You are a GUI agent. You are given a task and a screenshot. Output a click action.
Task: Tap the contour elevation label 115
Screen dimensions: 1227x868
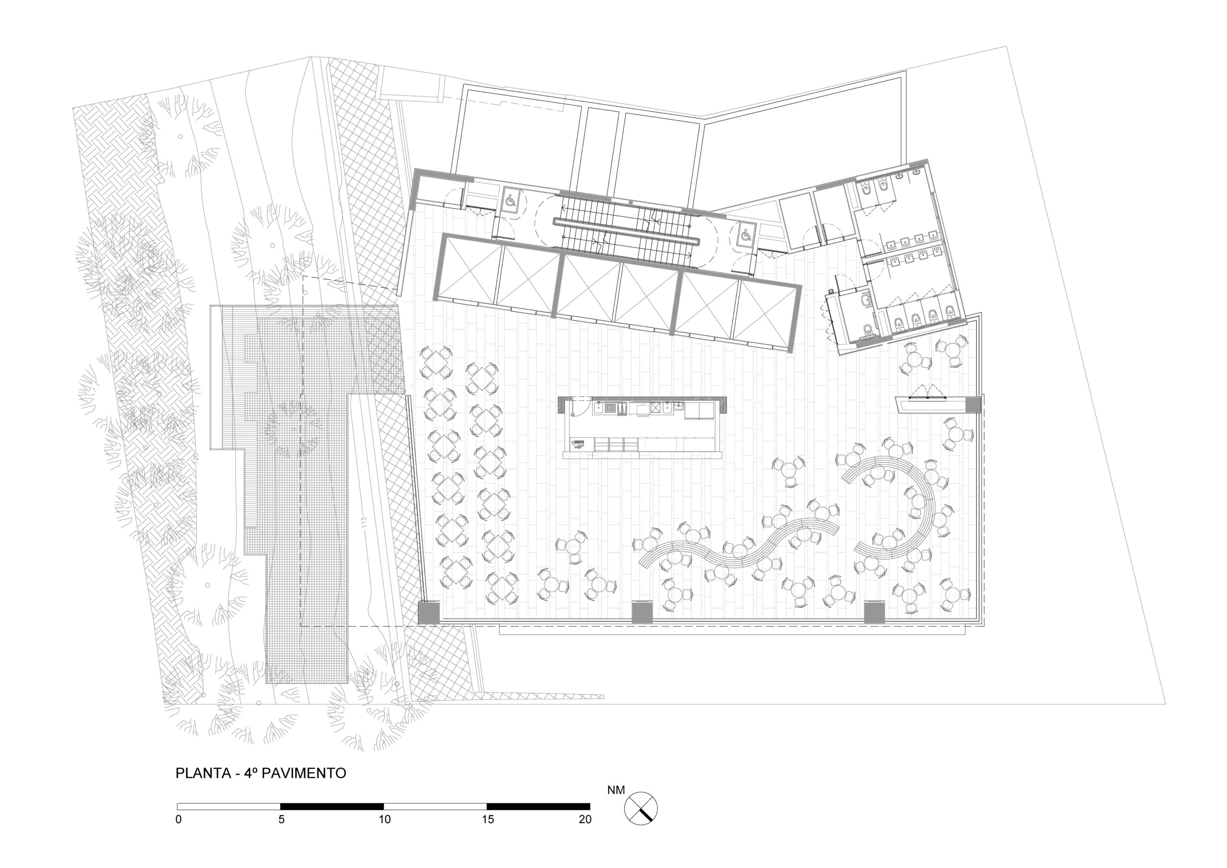[364, 521]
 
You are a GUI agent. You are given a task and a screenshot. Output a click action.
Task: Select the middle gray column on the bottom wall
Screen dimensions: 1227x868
[642, 613]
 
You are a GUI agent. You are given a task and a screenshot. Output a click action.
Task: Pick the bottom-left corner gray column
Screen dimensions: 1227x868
[428, 613]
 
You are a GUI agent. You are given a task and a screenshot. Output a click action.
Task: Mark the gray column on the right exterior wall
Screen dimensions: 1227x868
[973, 405]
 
